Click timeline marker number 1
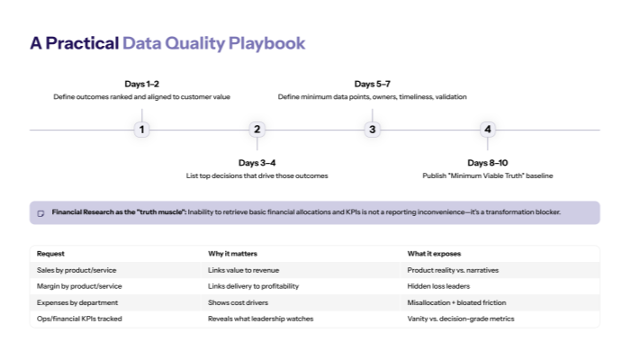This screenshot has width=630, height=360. click(141, 130)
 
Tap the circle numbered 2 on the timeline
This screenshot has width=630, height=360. click(256, 130)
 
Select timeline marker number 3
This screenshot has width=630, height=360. click(373, 130)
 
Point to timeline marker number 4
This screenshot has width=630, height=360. click(488, 130)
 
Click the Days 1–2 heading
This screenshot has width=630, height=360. click(141, 84)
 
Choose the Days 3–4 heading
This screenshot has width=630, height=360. click(256, 162)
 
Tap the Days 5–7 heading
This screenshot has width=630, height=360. click(373, 84)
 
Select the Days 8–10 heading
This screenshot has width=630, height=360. click(488, 162)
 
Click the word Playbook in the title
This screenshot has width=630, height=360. click(266, 42)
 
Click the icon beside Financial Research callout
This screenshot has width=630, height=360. click(40, 212)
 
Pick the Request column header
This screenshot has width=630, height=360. click(51, 254)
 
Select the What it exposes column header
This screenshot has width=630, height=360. click(436, 254)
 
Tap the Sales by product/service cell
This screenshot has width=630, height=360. click(76, 270)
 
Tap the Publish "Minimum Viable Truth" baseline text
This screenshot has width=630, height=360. click(488, 175)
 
